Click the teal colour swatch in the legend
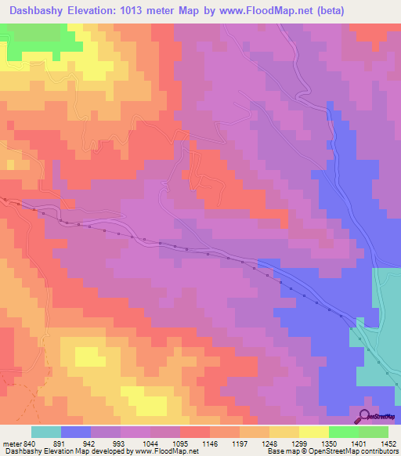pos(45,432)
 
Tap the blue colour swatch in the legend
pos(75,432)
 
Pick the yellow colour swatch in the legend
pos(314,432)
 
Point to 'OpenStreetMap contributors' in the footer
pos(357,451)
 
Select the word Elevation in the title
pos(102,11)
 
